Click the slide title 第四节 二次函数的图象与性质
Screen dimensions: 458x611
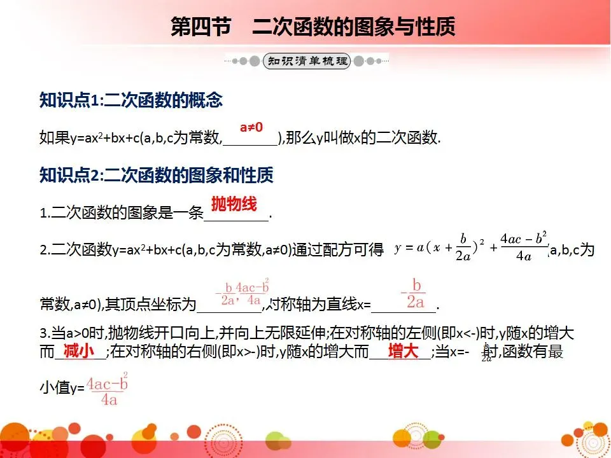pos(313,28)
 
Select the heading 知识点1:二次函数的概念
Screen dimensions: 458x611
pos(130,101)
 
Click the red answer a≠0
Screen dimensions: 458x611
pos(251,127)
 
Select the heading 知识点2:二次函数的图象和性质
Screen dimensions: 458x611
pos(157,175)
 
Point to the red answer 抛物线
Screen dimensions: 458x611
pos(234,204)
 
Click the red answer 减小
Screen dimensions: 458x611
pos(79,351)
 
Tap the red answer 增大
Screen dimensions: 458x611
pos(404,351)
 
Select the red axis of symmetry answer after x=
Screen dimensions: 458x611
pos(413,294)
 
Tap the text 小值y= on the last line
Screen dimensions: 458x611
pos(62,387)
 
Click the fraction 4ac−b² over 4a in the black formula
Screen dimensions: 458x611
pos(524,247)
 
